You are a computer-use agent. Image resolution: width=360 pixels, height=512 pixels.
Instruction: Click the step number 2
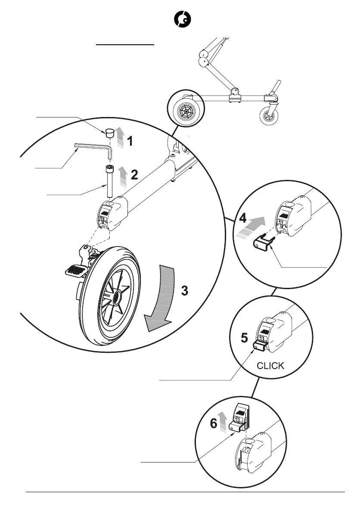[134, 175]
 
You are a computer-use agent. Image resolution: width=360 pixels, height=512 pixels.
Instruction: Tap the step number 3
[184, 291]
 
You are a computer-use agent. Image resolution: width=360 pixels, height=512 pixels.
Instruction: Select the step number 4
[243, 218]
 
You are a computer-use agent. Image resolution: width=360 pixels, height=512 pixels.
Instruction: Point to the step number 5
[244, 338]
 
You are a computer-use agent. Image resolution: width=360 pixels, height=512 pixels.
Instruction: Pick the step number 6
[214, 424]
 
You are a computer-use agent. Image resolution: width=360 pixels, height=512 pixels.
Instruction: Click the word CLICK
[270, 366]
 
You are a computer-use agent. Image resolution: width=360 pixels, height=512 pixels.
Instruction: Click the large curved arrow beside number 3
[161, 297]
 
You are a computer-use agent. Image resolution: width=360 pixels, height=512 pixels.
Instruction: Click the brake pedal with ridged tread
[76, 270]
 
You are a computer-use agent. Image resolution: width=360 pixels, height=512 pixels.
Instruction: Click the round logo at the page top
[182, 20]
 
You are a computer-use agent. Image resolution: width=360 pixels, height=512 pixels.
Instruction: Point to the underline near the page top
[125, 44]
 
